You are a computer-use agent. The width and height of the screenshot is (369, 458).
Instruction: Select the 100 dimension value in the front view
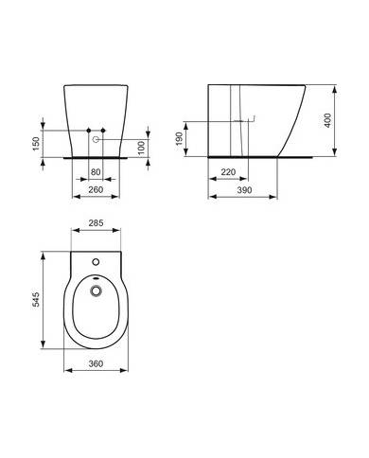[x=142, y=148]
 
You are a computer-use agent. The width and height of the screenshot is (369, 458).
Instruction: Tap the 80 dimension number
[x=96, y=172]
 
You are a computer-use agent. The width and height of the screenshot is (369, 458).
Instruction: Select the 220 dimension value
[x=228, y=173]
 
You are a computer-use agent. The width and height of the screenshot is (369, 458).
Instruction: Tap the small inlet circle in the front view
[x=96, y=140]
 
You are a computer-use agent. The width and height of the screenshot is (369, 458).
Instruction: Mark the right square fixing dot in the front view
[x=104, y=129]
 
